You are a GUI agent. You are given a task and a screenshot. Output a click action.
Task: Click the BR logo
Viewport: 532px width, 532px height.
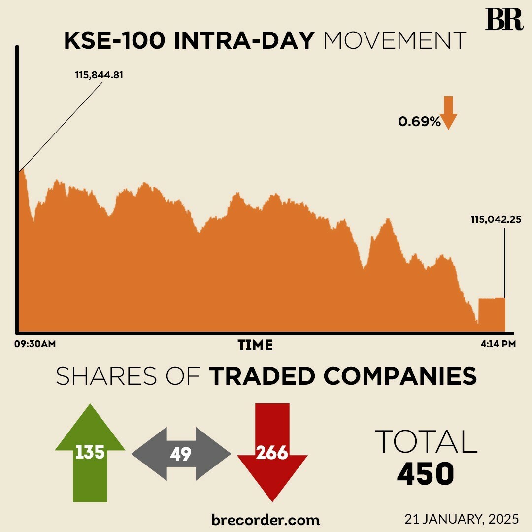[504, 20]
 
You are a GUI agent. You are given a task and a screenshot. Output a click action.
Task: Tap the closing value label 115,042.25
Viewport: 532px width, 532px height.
[496, 220]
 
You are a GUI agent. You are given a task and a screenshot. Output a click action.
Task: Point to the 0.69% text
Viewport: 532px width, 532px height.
[419, 122]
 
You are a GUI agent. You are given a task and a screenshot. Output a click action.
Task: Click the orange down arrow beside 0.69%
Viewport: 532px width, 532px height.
[448, 112]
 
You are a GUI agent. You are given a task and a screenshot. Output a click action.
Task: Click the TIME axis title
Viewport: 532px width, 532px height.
[255, 345]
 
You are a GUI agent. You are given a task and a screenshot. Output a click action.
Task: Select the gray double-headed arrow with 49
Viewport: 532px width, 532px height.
[181, 454]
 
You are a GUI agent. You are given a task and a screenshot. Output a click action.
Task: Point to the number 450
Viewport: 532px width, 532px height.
[425, 474]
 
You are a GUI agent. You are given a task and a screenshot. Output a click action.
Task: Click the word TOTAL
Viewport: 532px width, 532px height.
[426, 441]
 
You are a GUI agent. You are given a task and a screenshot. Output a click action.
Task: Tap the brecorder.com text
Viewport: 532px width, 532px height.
[266, 519]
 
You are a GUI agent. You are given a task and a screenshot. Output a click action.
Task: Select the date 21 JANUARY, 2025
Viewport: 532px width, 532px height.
[462, 519]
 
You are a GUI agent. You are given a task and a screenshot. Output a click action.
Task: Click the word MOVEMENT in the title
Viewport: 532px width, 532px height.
[395, 41]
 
